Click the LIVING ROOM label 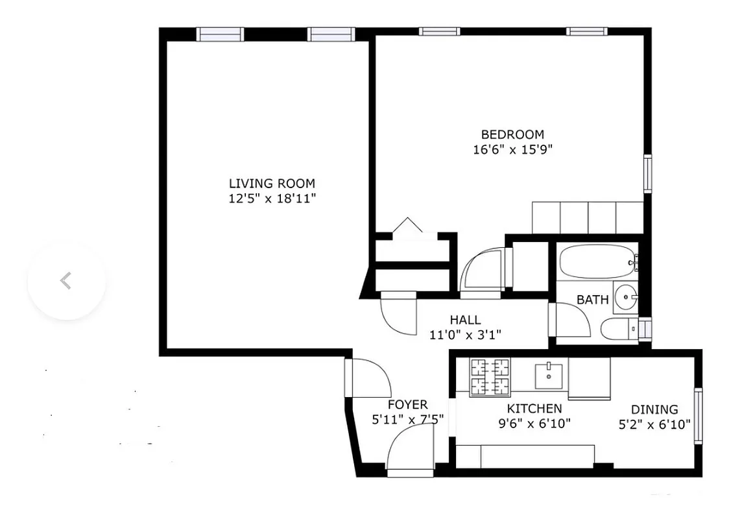pyautogui.click(x=272, y=183)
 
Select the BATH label pyautogui.click(x=593, y=300)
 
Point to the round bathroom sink pyautogui.click(x=625, y=298)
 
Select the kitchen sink pyautogui.click(x=549, y=374)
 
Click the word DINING pyautogui.click(x=654, y=409)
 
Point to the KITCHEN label pyautogui.click(x=534, y=409)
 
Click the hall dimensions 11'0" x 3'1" pyautogui.click(x=465, y=335)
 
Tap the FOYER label pyautogui.click(x=407, y=405)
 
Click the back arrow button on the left pyautogui.click(x=66, y=281)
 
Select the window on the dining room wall pyautogui.click(x=698, y=415)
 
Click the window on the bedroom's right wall pyautogui.click(x=647, y=173)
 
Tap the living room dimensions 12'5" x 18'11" pyautogui.click(x=272, y=199)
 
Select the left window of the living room pyautogui.click(x=220, y=34)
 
